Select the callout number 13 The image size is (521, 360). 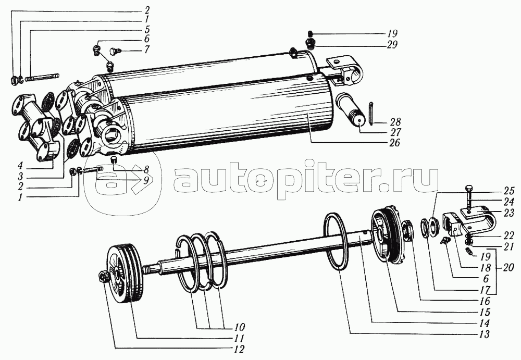(484, 335)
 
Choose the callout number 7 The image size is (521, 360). (147, 51)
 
